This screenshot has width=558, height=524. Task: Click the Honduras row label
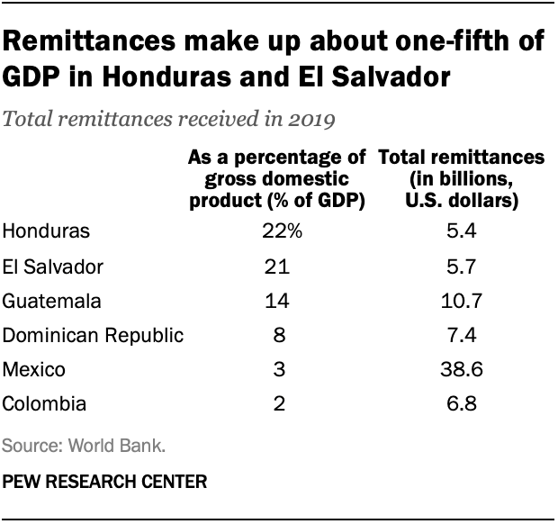coord(46,231)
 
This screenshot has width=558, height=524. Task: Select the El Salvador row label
coord(53,267)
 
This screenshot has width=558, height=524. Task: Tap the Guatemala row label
coord(50,301)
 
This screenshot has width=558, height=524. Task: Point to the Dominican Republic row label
coord(94,336)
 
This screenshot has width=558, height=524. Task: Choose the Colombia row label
coord(44,404)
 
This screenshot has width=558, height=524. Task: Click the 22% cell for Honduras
coord(280,231)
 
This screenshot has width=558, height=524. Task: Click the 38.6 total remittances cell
coord(461,370)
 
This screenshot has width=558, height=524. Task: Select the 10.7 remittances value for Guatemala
coord(461,301)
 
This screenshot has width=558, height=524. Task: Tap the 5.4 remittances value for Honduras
coord(461,231)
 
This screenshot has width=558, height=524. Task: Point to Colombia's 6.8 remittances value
coord(461,404)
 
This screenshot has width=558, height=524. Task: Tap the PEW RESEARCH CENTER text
coord(105,482)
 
